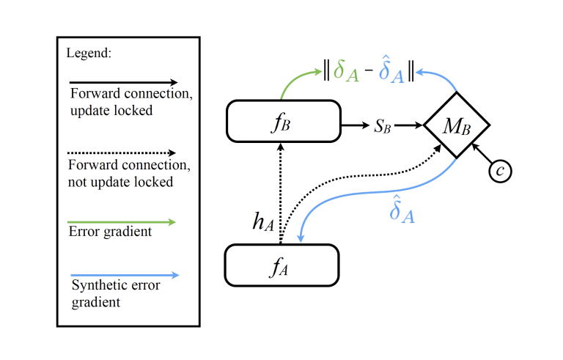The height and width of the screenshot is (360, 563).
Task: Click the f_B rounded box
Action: coord(284,121)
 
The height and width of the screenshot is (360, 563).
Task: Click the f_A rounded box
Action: coord(281,265)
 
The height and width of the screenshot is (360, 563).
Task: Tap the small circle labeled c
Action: coord(500,171)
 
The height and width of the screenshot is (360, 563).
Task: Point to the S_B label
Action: coord(383,125)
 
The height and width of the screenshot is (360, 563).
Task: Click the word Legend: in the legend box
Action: coord(89,54)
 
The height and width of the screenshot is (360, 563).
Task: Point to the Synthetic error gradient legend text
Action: coord(115,293)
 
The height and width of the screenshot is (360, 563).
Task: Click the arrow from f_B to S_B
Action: coord(356,125)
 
